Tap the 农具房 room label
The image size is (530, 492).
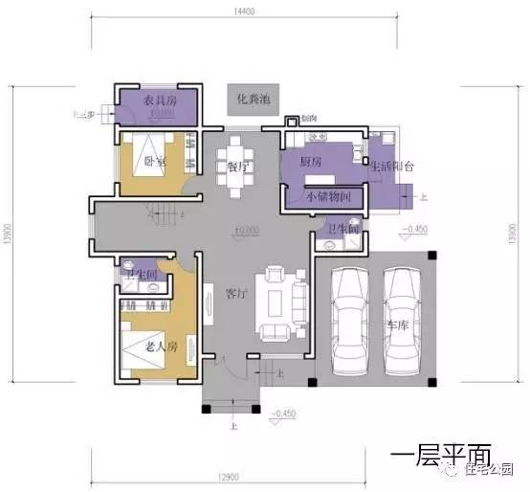[160, 100]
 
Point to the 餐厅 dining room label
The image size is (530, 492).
[238, 168]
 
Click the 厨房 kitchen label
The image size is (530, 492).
[312, 164]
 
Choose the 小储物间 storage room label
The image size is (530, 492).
[328, 196]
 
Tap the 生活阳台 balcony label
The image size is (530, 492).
[392, 167]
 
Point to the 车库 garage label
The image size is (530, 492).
[396, 324]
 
